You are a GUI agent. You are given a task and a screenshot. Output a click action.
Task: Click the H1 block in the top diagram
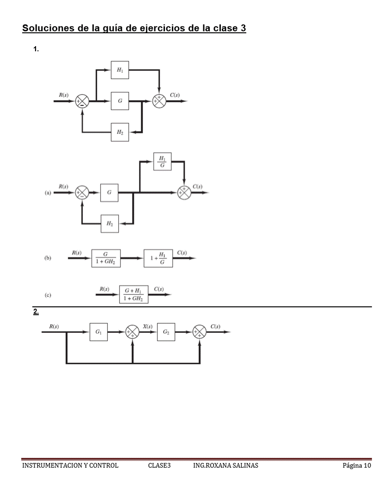coord(120,70)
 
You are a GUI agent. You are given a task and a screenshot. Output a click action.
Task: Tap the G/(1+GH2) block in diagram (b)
coord(106,258)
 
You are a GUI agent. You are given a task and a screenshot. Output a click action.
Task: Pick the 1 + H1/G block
coord(158,258)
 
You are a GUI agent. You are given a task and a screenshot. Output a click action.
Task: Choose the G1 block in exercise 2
coord(98,332)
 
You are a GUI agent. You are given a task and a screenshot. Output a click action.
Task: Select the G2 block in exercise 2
coord(166,332)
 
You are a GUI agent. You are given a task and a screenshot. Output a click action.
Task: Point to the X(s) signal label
coord(148,326)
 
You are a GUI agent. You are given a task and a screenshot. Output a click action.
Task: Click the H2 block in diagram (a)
coord(109,224)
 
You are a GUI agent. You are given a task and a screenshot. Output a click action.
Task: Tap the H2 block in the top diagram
coord(120,132)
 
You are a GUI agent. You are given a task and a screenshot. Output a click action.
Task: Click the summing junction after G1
coord(133,332)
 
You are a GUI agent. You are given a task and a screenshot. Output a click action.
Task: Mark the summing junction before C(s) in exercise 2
coord(200,332)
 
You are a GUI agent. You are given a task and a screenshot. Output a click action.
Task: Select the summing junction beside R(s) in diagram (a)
coord(82,192)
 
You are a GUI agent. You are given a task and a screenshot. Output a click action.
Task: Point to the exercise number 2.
coord(36,312)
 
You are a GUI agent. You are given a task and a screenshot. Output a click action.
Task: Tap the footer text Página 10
coord(356,465)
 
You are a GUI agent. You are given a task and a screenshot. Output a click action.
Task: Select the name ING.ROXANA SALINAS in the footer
coord(225,465)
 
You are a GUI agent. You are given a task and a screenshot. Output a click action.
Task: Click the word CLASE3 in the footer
coord(159,465)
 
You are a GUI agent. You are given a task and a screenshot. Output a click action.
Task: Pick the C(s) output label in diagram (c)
coord(159,289)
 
